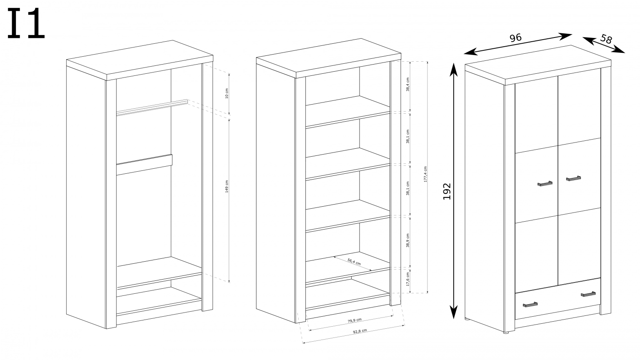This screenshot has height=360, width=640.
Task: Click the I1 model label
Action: pyautogui.click(x=26, y=23)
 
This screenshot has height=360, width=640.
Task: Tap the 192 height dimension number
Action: pyautogui.click(x=447, y=191)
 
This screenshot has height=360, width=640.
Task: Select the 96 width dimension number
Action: pyautogui.click(x=515, y=38)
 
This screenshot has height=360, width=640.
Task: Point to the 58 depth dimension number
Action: pyautogui.click(x=606, y=39)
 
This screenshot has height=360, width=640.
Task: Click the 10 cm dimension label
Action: pyautogui.click(x=227, y=93)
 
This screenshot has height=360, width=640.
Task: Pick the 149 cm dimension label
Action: pyautogui.click(x=227, y=186)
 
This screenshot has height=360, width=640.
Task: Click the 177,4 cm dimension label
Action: pyautogui.click(x=425, y=174)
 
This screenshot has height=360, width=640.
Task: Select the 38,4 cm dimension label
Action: pyautogui.click(x=408, y=84)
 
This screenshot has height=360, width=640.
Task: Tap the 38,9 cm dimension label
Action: pyautogui.click(x=408, y=240)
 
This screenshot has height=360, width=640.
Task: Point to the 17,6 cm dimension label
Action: pyautogui.click(x=408, y=279)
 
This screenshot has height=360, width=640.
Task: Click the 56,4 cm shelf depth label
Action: pyautogui.click(x=354, y=262)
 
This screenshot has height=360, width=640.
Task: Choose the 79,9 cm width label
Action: pyautogui.click(x=355, y=320)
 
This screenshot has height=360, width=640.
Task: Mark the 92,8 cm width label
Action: pyautogui.click(x=360, y=331)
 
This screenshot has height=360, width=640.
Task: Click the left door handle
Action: pyautogui.click(x=545, y=183)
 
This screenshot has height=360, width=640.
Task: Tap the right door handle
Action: pyautogui.click(x=573, y=178)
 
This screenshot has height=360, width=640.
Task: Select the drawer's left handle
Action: pyautogui.click(x=530, y=305)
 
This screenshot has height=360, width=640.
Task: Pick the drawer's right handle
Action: pyautogui.click(x=588, y=294)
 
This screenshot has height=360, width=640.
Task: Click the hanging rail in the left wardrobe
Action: pyautogui.click(x=152, y=107)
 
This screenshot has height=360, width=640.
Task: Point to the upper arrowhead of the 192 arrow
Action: pyautogui.click(x=454, y=70)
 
